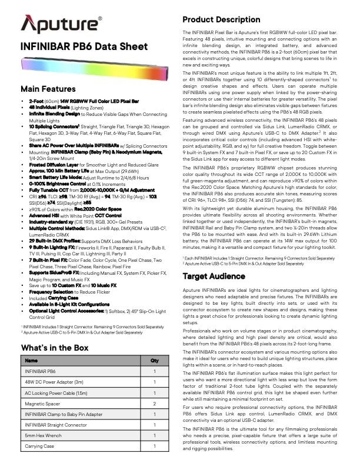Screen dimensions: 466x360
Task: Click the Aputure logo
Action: click(x=61, y=25)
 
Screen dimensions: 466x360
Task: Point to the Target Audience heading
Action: click(x=214, y=276)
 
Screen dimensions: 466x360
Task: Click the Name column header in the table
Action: click(x=32, y=361)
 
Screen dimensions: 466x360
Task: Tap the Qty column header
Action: click(x=155, y=361)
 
